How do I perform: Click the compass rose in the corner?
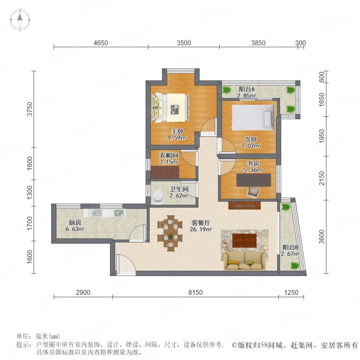pos(20,20)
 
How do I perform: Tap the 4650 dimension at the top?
pos(100,43)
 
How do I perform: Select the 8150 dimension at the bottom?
pos(195,292)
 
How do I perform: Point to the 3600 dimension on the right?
pos(322,237)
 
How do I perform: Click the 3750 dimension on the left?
pos(30,109)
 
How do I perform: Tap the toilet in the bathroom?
pos(158,197)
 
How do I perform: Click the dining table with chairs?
pos(170,233)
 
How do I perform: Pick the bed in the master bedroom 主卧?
pos(170,107)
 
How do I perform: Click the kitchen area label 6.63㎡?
pos(75,229)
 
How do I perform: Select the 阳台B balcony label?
pos(290,248)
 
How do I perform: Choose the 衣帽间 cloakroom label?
pos(169,156)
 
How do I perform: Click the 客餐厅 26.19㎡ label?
pos(201,226)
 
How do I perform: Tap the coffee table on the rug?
pos(244,240)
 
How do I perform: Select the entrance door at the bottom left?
pos(126,264)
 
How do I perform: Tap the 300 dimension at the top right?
pos(300,43)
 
